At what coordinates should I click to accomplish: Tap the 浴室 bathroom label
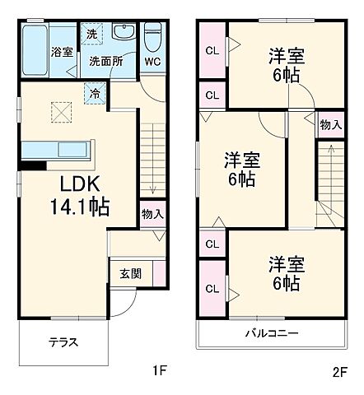click(62, 52)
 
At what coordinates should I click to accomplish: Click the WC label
click(154, 60)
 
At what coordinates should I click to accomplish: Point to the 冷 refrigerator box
click(96, 93)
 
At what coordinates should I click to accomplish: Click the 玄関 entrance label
click(130, 272)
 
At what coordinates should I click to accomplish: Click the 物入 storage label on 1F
click(152, 214)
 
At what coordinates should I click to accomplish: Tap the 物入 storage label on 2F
click(331, 124)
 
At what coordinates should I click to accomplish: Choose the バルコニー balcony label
click(270, 333)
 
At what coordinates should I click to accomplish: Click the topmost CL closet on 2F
click(212, 50)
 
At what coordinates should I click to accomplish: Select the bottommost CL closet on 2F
click(212, 289)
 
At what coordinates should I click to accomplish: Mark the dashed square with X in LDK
click(61, 110)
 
